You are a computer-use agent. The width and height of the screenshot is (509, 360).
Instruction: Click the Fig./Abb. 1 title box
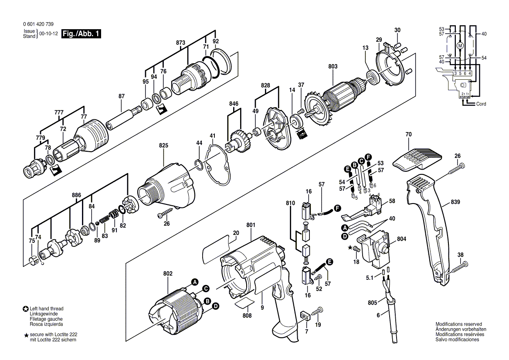pyautogui.click(x=81, y=34)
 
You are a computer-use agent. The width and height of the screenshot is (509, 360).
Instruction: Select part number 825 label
pyautogui.click(x=163, y=146)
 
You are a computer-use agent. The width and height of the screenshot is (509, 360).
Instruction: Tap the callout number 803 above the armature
pyautogui.click(x=333, y=66)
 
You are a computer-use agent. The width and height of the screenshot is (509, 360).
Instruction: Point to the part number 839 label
pyautogui.click(x=455, y=202)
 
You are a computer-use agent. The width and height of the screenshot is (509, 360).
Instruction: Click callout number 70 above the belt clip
pyautogui.click(x=408, y=134)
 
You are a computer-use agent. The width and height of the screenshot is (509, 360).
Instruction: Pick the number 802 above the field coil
pyautogui.click(x=168, y=274)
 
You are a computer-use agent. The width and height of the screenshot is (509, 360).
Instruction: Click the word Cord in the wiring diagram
pyautogui.click(x=481, y=104)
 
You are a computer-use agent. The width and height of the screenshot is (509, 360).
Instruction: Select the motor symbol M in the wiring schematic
pyautogui.click(x=460, y=46)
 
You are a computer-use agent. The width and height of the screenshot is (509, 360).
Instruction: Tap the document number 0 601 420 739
pyautogui.click(x=38, y=24)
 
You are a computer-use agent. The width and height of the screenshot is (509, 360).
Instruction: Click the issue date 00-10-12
pyautogui.click(x=48, y=34)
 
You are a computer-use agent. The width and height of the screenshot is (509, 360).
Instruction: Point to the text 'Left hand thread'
pyautogui.click(x=47, y=309)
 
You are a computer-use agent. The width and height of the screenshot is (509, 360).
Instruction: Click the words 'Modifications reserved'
pyautogui.click(x=459, y=324)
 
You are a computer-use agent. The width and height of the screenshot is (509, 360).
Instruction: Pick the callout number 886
pyautogui.click(x=76, y=195)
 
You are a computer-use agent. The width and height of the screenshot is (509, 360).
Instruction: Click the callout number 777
pyautogui.click(x=59, y=112)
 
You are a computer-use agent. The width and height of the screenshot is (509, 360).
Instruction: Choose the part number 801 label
pyautogui.click(x=251, y=224)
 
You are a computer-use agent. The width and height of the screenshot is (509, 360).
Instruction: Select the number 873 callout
pyautogui.click(x=180, y=43)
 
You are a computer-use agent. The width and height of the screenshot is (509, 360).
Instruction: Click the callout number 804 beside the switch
pyautogui.click(x=401, y=239)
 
